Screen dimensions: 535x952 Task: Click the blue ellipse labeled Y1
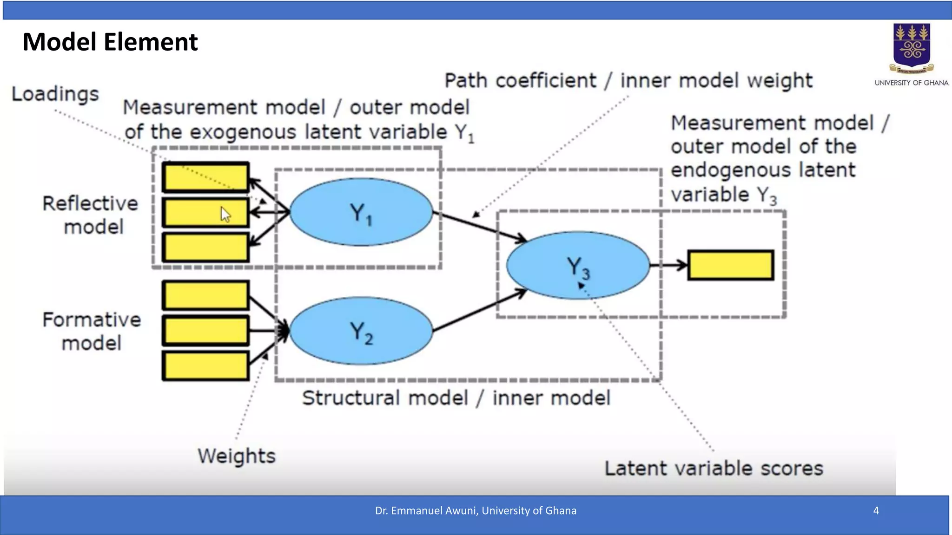tap(361, 212)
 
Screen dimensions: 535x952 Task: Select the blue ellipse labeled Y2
tap(361, 331)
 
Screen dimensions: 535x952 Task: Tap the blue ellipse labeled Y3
tap(578, 265)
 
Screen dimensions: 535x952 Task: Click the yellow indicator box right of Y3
tap(731, 265)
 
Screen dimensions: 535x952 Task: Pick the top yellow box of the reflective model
tap(205, 177)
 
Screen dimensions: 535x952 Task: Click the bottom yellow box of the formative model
tap(205, 366)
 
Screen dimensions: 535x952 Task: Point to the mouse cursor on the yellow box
tap(225, 215)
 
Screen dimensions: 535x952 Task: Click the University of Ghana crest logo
tap(912, 48)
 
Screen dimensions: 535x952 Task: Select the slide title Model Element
tap(110, 42)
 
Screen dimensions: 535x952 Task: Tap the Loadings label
tap(55, 94)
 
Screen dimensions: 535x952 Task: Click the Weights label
tap(237, 456)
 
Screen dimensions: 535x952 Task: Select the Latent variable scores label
tap(714, 468)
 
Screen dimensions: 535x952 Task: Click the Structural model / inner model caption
tap(456, 398)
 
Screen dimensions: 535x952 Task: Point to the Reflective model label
tap(91, 215)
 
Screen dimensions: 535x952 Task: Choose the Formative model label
tap(92, 331)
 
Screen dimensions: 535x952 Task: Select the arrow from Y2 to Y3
tap(479, 310)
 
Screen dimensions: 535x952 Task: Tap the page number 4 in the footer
tap(876, 510)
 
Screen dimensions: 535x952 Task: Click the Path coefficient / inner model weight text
tap(628, 81)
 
